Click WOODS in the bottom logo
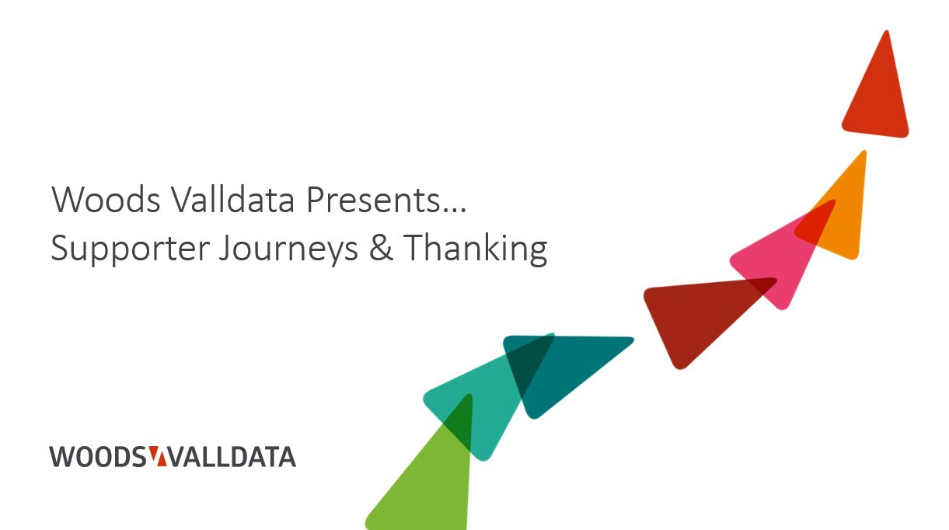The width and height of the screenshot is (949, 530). click(97, 457)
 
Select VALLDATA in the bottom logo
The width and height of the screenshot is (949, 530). click(232, 457)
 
